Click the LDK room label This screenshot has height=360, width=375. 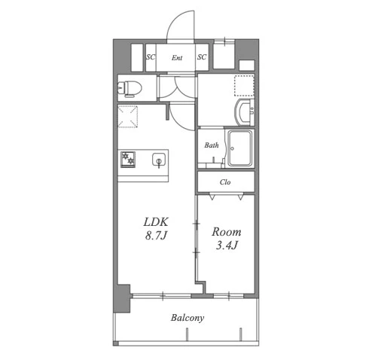pos(156,222)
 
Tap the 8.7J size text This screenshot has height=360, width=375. pos(156,236)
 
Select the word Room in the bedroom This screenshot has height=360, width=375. pos(227,232)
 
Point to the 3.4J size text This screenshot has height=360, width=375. pos(227,246)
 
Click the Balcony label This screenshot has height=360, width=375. pos(187,318)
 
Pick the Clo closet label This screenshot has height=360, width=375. pos(225,182)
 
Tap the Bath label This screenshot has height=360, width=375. pos(212,145)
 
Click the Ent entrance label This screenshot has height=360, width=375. pos(177,58)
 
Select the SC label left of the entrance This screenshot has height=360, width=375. pos(151,57)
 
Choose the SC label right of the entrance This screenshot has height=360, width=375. pos(202,57)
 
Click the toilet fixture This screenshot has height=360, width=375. pos(130,88)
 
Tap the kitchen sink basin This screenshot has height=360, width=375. pos(159,159)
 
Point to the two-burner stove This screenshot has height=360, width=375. pos(128,160)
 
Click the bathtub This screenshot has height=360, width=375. pos(239,148)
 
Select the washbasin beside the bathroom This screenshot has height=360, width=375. pos(244,112)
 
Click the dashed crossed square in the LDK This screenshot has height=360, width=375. pos(128,117)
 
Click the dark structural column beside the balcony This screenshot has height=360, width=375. pos(122,298)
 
